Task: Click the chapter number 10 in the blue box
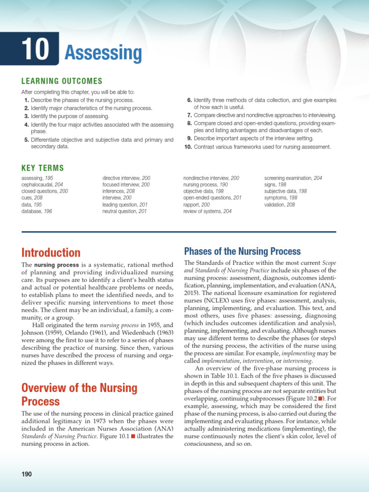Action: coord(36,49)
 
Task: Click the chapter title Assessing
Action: coord(103,53)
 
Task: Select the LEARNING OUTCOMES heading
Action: coord(61,81)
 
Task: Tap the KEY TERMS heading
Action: coord(42,168)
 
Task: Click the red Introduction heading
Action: coord(51,252)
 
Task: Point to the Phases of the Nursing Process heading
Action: coord(243,251)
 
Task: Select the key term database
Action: coord(32,211)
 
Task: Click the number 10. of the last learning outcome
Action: coord(188,147)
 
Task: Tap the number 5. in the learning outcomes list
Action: coord(26,140)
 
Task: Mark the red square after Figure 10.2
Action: coord(320,398)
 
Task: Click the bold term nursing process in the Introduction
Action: coord(52,265)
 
